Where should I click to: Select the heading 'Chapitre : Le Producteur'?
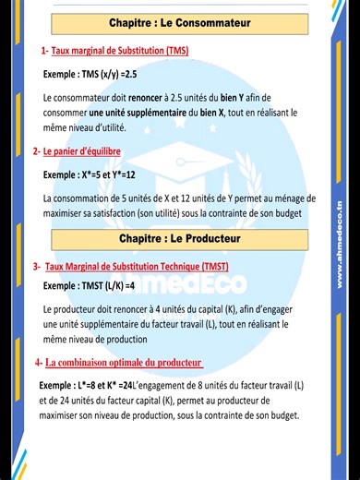click(x=180, y=238)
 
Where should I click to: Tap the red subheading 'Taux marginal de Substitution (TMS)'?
click(x=118, y=50)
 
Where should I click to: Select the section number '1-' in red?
click(x=44, y=50)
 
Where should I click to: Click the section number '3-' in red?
click(x=37, y=267)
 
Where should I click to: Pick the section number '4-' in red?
click(x=39, y=362)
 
